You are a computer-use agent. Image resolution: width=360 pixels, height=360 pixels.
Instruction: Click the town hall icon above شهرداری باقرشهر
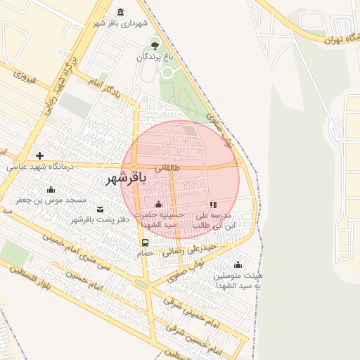(x=121, y=13)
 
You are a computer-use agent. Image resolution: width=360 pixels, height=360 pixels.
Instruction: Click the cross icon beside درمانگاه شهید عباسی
(x=39, y=155)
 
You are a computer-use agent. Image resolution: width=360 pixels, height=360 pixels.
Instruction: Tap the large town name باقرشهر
(x=126, y=179)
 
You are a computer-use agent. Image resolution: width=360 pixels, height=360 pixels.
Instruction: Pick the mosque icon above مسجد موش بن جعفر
(x=51, y=189)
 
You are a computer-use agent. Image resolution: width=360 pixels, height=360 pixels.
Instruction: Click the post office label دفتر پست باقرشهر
(x=91, y=220)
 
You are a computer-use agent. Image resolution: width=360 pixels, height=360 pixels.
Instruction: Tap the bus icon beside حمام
(x=145, y=243)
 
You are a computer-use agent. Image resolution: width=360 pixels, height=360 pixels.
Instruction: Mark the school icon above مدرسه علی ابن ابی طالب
(x=213, y=205)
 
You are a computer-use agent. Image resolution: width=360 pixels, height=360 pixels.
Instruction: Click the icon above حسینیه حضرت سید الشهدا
(x=158, y=205)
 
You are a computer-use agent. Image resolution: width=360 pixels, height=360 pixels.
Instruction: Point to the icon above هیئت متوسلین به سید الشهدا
(x=238, y=265)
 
